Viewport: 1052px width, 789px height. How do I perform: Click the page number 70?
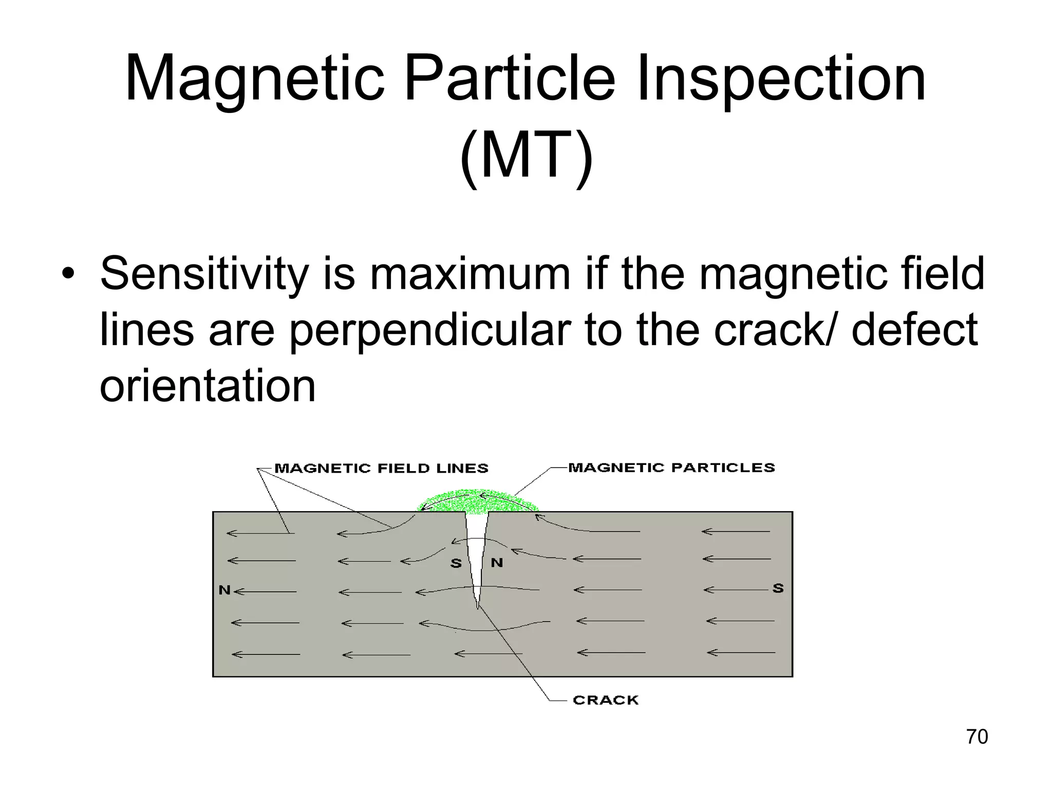(977, 737)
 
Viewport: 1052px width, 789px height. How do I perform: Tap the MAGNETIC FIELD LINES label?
(381, 468)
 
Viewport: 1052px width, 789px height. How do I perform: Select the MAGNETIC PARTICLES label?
(671, 467)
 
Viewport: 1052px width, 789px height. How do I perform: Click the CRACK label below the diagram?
(606, 700)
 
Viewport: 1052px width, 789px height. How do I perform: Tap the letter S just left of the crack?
(456, 563)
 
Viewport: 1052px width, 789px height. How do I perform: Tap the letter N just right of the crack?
(497, 563)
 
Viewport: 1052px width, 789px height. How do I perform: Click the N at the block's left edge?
(224, 590)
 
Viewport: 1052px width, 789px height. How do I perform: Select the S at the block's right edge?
(778, 588)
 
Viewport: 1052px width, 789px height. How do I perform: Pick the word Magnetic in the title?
(254, 80)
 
